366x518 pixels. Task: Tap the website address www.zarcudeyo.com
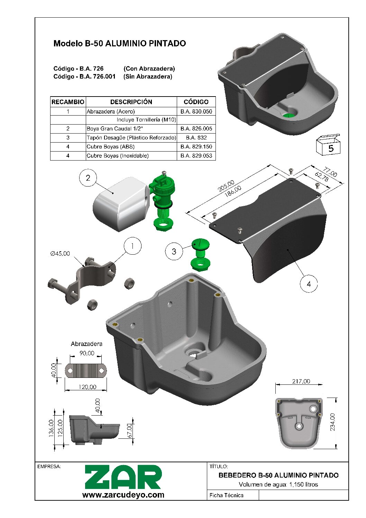pos(123,495)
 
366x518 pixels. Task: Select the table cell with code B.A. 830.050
pos(196,111)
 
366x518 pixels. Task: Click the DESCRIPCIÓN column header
pos(131,102)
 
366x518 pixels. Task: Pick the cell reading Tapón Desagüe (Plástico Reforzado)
pos(131,138)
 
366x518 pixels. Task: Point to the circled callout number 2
pos(88,178)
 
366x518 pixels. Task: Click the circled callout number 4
pos(309,284)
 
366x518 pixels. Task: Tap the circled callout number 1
pos(132,246)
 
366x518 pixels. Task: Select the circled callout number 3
pos(174,251)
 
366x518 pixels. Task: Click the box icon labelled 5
pos(328,145)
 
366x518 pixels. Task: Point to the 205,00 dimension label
pos(226,186)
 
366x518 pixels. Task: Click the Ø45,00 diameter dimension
pos(60,253)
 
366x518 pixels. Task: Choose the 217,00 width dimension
pos(301,381)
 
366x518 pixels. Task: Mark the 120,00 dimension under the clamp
pos(88,387)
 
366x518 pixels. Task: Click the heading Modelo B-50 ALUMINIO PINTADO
pos(120,44)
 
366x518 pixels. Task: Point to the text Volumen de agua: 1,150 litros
pos(278,484)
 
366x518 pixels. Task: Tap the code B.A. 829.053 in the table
pos(196,156)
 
